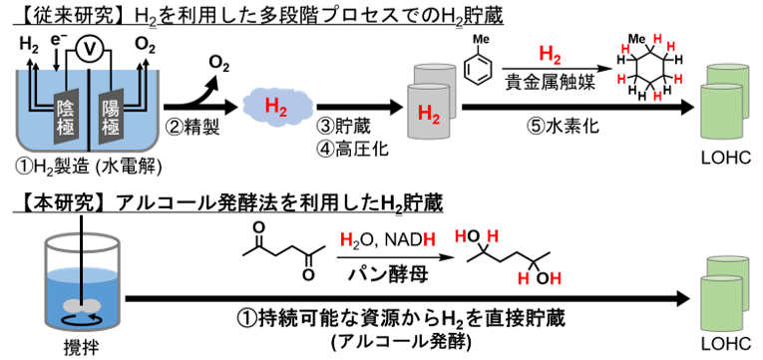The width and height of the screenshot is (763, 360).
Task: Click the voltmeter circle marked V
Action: point(89,50)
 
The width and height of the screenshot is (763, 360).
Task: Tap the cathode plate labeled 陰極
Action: point(65,116)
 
